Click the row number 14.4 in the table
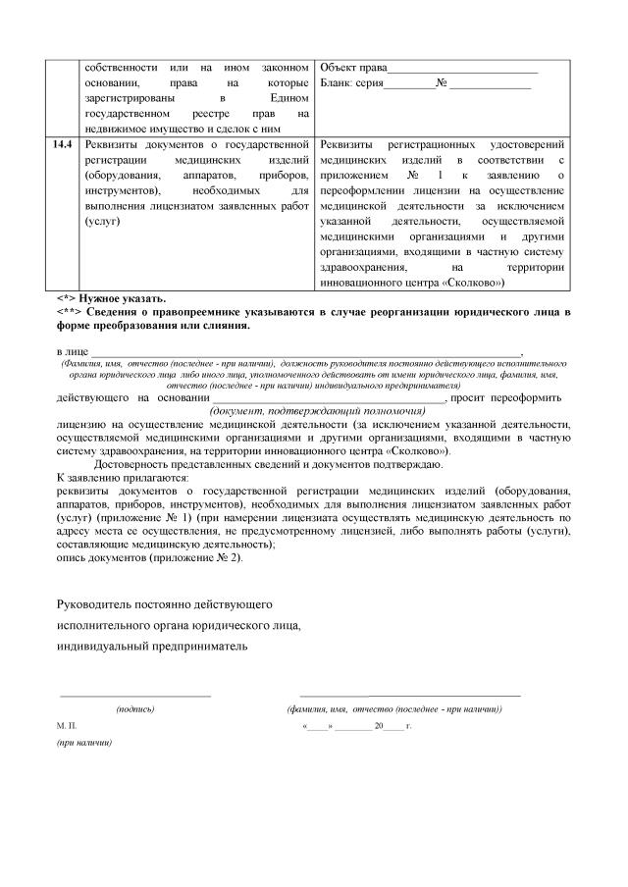coord(64,143)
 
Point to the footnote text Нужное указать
coord(125,298)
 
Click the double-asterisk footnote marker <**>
coord(71,311)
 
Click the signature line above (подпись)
coord(135,695)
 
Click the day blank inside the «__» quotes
coord(320,726)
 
